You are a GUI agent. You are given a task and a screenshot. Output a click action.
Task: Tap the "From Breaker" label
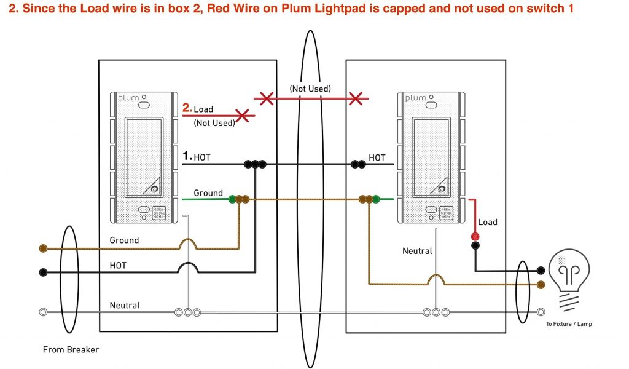point(71,350)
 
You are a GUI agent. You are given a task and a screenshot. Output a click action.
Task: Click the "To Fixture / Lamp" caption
point(569,324)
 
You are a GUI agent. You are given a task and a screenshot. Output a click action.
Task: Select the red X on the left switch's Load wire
point(243,115)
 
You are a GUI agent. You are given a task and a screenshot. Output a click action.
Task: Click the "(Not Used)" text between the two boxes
point(310,89)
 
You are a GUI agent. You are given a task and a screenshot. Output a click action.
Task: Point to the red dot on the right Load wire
point(475,237)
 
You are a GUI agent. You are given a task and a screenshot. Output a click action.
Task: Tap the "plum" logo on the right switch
point(416,98)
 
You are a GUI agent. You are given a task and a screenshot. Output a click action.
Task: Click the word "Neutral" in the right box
point(417,251)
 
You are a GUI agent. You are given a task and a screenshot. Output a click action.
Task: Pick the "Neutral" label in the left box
point(124,305)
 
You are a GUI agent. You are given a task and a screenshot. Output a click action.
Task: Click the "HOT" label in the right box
point(377,157)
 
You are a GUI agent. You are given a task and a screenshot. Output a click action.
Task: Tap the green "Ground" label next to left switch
point(208,193)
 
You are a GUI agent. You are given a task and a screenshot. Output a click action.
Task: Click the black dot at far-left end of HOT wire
point(43,272)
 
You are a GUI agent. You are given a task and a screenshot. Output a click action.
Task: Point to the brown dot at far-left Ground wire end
point(43,248)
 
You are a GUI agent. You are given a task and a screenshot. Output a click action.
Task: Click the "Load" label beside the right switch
point(488,222)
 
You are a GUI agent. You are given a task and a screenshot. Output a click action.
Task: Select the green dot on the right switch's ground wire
point(375,199)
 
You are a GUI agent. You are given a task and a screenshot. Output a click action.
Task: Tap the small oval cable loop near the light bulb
point(523,292)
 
